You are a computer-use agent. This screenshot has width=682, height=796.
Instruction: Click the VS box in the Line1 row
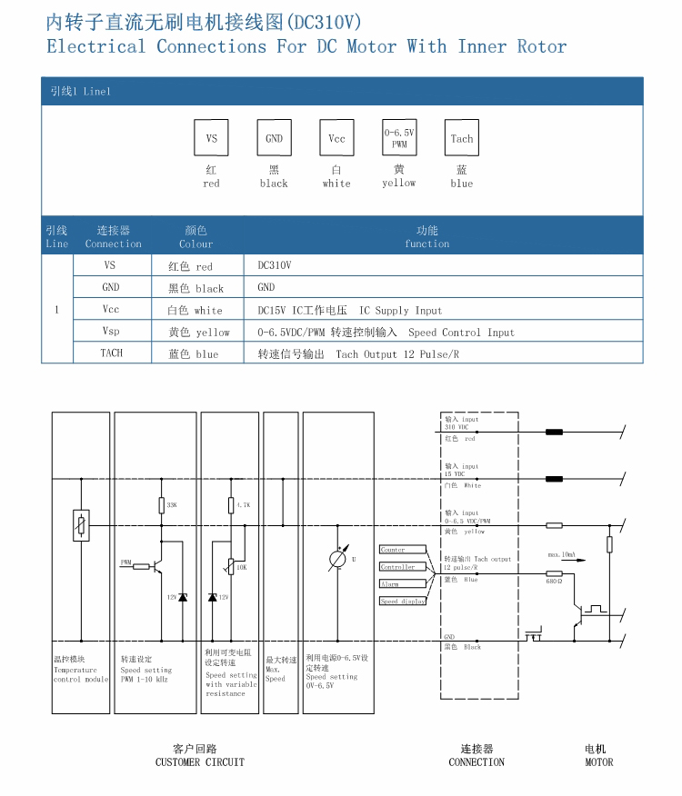pyautogui.click(x=212, y=139)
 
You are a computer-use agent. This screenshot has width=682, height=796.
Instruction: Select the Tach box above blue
pyautogui.click(x=461, y=139)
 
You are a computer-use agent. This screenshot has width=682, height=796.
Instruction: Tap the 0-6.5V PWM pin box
pyautogui.click(x=399, y=138)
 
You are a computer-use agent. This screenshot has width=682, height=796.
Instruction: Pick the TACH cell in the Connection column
pyautogui.click(x=111, y=353)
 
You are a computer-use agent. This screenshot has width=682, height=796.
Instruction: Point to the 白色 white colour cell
pyautogui.click(x=196, y=310)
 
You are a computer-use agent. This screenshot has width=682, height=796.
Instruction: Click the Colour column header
pyautogui.click(x=196, y=237)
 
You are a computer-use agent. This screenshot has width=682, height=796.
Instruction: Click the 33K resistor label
pyautogui.click(x=172, y=504)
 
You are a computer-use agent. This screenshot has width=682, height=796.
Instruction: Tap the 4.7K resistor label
pyautogui.click(x=243, y=504)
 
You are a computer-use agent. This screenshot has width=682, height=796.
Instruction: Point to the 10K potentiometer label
pyautogui.click(x=241, y=567)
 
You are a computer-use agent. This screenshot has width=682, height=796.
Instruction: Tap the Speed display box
pyautogui.click(x=402, y=602)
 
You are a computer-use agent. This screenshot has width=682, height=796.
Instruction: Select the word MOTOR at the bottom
pyautogui.click(x=598, y=762)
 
